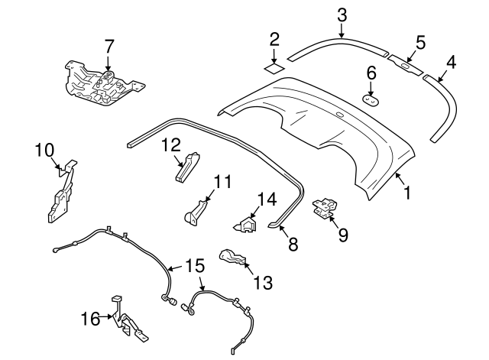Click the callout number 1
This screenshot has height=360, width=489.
tap(406, 194)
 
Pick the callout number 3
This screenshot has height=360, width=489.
tap(342, 15)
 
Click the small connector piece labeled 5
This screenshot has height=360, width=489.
tap(406, 63)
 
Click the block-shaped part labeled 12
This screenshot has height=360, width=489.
tap(186, 167)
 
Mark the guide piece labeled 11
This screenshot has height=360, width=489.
tap(196, 209)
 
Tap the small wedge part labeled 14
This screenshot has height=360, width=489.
tap(245, 225)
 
